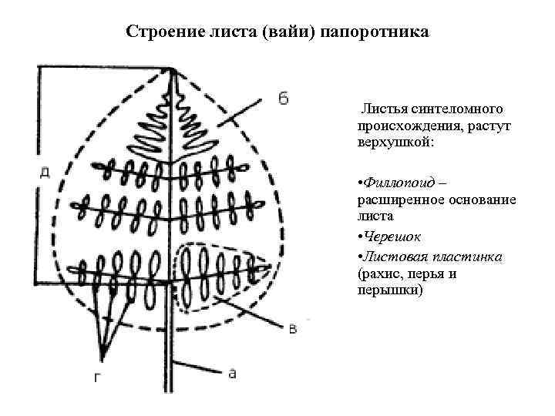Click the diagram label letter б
coord(283,98)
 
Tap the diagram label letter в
coord(292,330)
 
